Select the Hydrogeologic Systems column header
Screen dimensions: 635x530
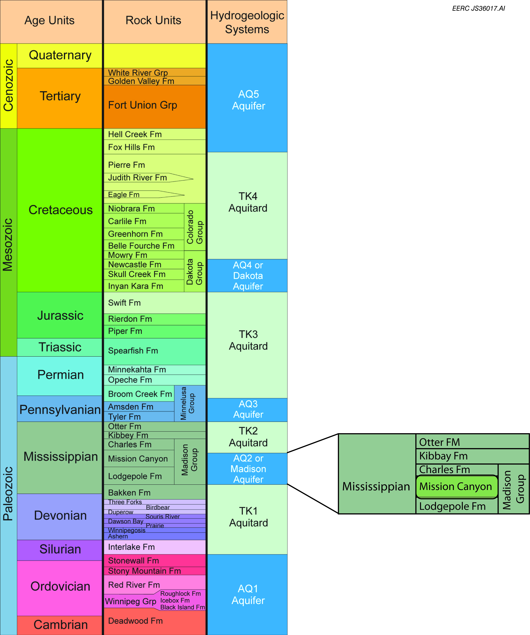247,22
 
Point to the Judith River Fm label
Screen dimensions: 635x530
138,177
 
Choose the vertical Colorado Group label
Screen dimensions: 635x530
194,227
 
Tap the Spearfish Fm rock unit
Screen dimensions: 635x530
133,351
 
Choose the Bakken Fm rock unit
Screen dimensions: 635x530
129,493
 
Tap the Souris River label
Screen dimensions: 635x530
163,516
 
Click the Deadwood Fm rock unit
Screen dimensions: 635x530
135,621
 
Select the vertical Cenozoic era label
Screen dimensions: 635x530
8,86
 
